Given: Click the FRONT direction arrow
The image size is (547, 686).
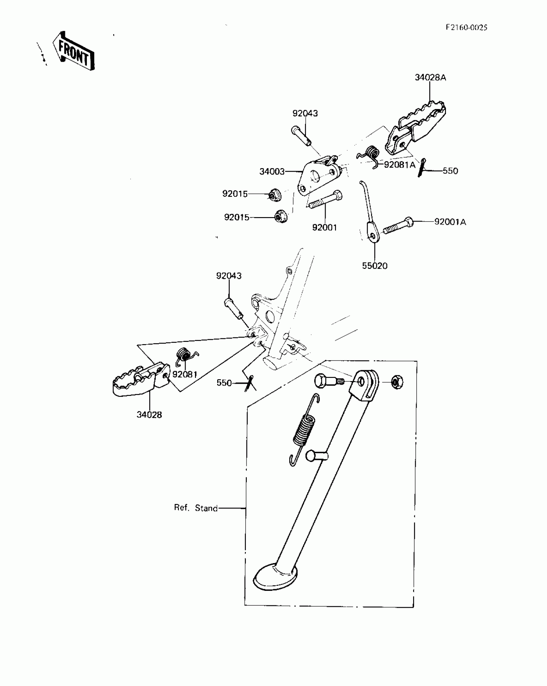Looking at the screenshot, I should (x=74, y=51).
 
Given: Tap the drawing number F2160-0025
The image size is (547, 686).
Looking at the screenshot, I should (x=466, y=27).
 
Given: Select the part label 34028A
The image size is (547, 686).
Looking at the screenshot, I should (x=430, y=78).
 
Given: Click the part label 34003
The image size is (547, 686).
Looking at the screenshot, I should (x=272, y=171).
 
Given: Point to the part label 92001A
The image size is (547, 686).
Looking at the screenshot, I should (x=450, y=222).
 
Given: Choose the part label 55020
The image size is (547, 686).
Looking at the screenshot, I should (x=375, y=266).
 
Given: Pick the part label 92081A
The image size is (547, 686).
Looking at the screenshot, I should (x=399, y=165).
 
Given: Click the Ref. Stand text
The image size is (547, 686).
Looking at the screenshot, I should (x=196, y=508).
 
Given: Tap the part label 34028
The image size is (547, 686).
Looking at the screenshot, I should (x=149, y=415).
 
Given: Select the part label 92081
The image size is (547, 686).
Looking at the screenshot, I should (x=184, y=374).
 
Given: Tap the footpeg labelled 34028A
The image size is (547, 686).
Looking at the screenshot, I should (x=418, y=124).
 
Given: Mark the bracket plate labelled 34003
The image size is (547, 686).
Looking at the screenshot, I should (x=319, y=177).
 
